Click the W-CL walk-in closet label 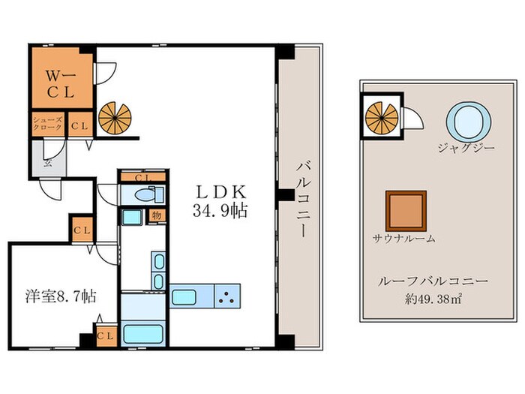[61, 84]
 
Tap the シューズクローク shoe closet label [48, 123]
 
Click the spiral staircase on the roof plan [382, 119]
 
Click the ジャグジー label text [466, 148]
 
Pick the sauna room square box [406, 211]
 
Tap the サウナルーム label [404, 239]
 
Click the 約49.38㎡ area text [433, 299]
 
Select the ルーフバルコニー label [433, 281]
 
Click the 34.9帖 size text [220, 211]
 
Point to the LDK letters [221, 192]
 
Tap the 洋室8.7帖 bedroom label [61, 296]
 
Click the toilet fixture [149, 194]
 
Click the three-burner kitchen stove [227, 296]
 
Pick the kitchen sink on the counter [184, 297]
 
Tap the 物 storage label [157, 215]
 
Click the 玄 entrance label [49, 163]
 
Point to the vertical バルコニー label [303, 200]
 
